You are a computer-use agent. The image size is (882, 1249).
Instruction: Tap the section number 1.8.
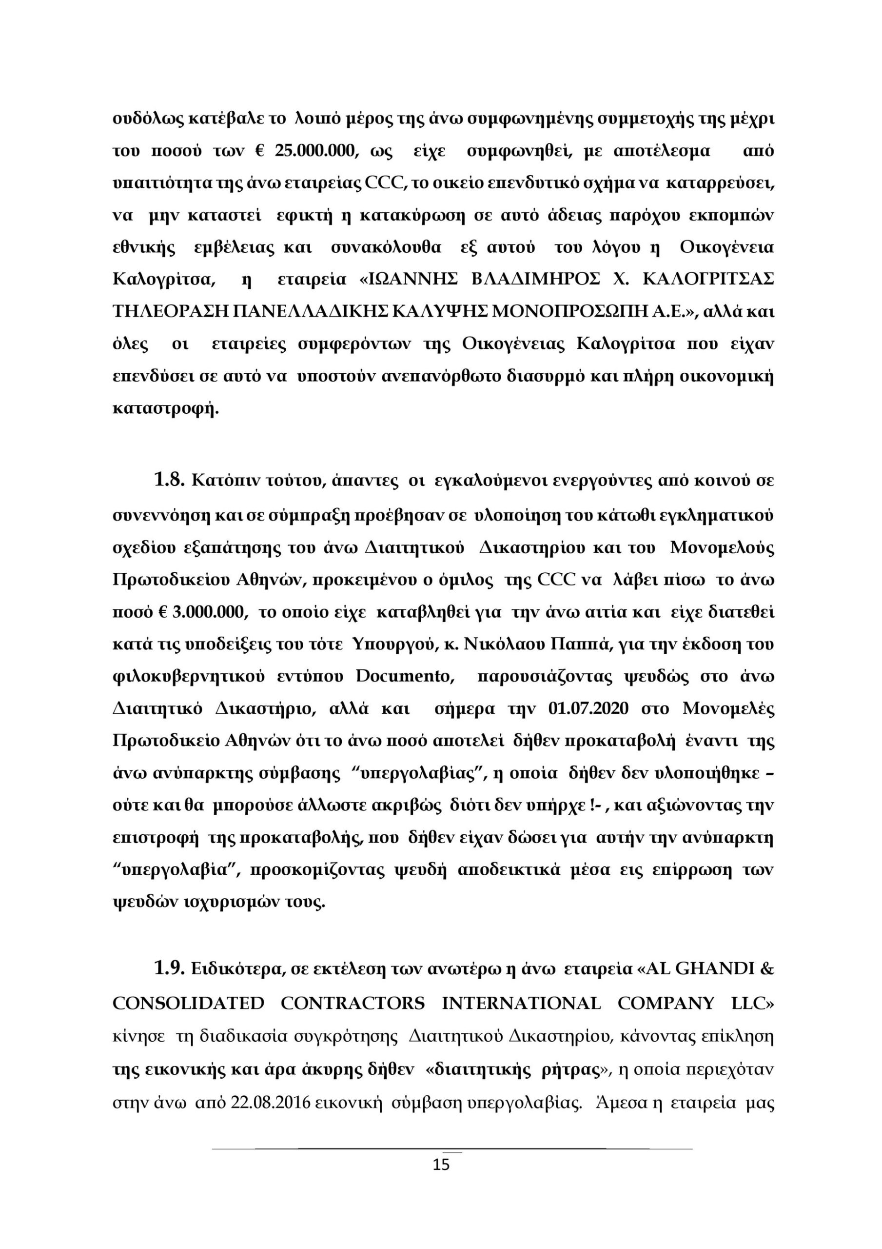coord(170,481)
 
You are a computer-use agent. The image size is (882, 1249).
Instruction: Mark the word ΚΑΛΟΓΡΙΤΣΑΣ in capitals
coord(707,280)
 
